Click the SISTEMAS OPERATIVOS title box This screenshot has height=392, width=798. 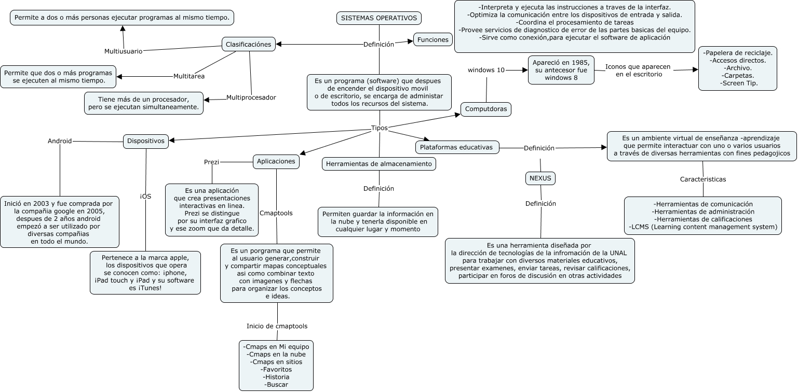tap(379, 18)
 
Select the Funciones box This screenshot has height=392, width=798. tap(432, 40)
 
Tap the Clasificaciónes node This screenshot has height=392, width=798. tap(249, 44)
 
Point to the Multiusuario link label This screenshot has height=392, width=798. tap(123, 51)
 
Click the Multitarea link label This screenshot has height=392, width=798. tap(188, 76)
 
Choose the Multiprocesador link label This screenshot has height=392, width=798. tap(251, 97)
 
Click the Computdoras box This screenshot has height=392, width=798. tap(486, 109)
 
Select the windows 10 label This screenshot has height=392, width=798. tap(486, 70)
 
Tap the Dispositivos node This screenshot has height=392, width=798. tap(146, 141)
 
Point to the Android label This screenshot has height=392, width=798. tap(60, 141)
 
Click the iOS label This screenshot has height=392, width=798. tap(146, 196)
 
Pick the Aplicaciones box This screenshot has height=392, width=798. tap(276, 161)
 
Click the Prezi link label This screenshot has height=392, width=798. tap(211, 162)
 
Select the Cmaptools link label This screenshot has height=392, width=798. tap(276, 213)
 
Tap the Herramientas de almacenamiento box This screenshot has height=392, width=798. tap(379, 164)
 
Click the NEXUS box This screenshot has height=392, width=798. tap(540, 178)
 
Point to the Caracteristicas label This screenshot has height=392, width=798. tap(703, 179)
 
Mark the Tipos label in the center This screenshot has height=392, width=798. tap(379, 128)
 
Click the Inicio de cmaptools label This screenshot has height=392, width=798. tap(277, 326)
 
